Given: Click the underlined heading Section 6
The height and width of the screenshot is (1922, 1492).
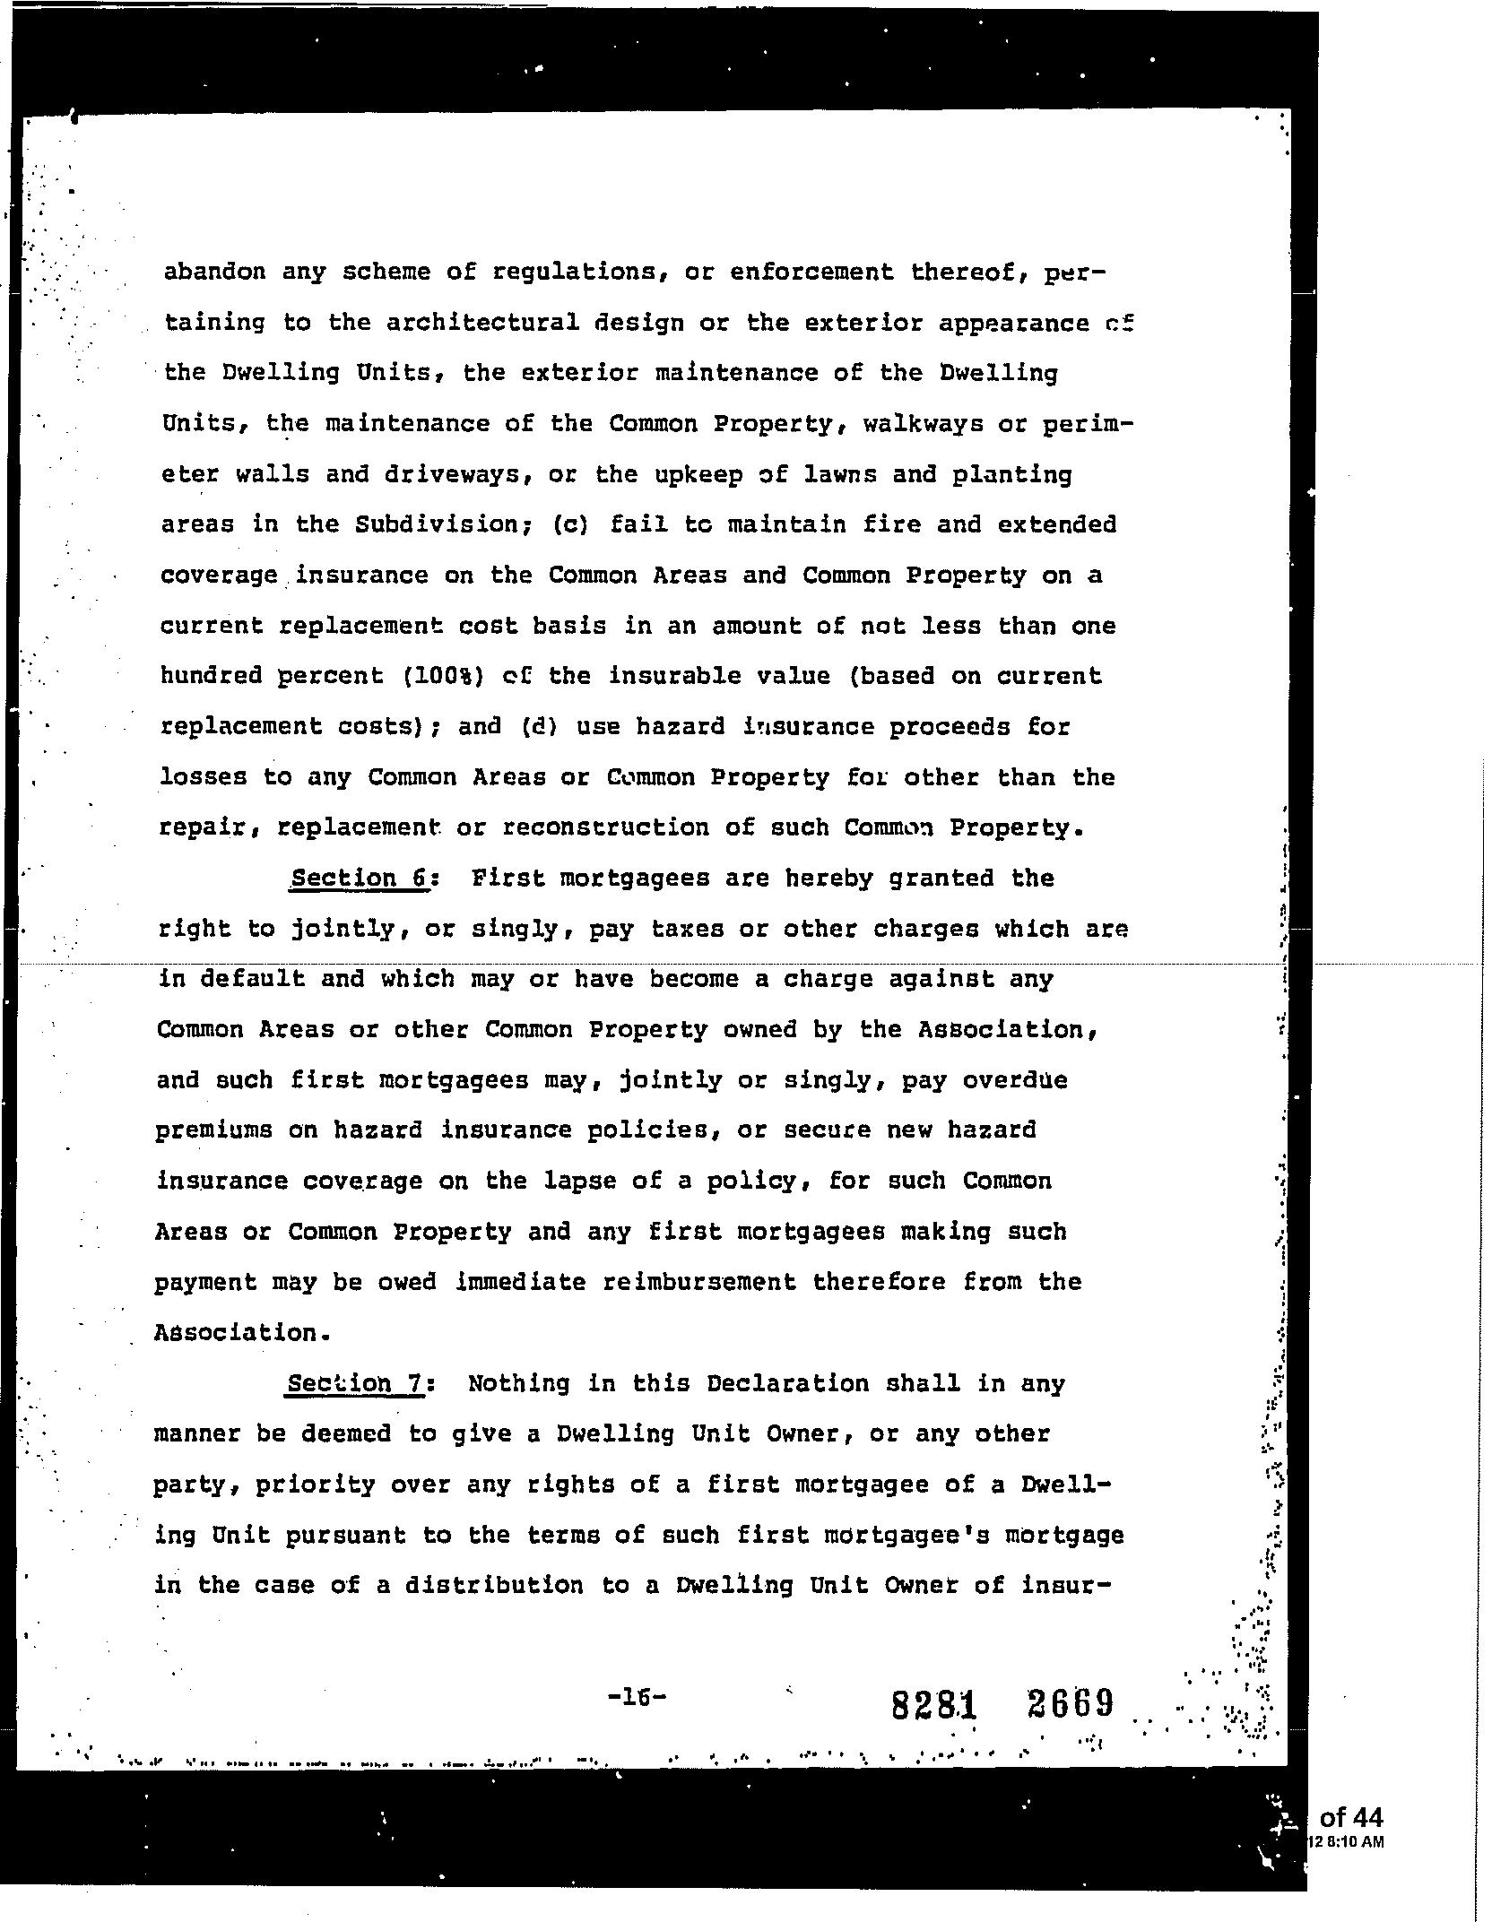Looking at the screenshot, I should [360, 878].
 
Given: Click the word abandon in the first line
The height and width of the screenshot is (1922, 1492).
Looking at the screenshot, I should [214, 272].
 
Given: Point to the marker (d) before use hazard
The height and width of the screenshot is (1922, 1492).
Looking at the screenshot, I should [540, 726].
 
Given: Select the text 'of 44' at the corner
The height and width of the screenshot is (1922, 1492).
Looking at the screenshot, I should [1351, 1817].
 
